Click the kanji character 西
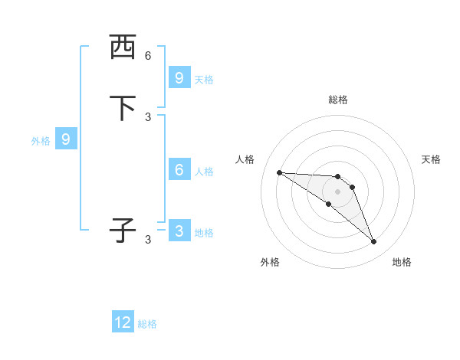[x=123, y=47]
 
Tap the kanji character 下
[x=123, y=108]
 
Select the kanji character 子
[x=123, y=231]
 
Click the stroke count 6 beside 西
[x=148, y=56]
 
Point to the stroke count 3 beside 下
[x=148, y=116]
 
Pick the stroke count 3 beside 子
[x=148, y=240]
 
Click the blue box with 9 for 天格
[x=179, y=78]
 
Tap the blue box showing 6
[x=179, y=170]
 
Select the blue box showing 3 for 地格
[x=179, y=231]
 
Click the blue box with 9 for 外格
[x=66, y=139]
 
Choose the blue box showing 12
[x=123, y=322]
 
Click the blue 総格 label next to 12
[x=147, y=324]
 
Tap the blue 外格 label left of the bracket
[x=41, y=141]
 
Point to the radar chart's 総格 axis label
[x=338, y=100]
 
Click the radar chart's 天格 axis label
[x=431, y=159]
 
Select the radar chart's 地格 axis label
[x=402, y=262]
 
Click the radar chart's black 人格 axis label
[x=245, y=159]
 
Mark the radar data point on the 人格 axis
[x=279, y=172]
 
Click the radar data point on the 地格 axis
[x=374, y=242]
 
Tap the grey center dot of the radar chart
[x=337, y=191]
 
